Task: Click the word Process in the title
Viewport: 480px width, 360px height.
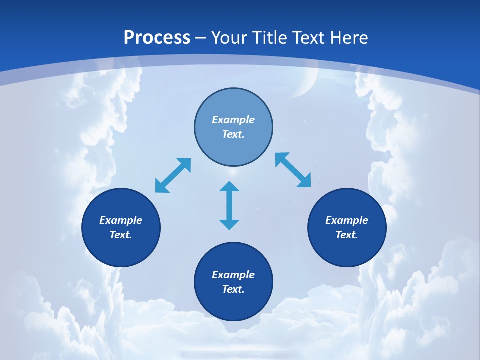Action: (x=157, y=38)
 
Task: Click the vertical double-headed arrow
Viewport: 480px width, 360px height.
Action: (x=229, y=205)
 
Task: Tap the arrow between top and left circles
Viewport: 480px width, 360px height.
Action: (x=173, y=175)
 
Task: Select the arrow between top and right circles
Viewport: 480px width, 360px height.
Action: (x=293, y=170)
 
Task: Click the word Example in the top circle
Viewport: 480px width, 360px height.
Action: (x=233, y=120)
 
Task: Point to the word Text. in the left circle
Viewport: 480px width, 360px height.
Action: (x=121, y=235)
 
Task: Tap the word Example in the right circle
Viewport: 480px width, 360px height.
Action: (x=347, y=220)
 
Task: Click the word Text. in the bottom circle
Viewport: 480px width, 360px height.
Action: (x=233, y=289)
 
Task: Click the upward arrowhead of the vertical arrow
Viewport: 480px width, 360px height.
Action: (x=229, y=187)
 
